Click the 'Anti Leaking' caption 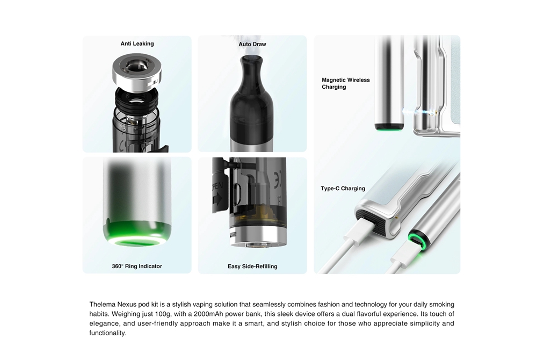[137, 44]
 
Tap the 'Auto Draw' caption [252, 44]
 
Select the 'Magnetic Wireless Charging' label [345, 83]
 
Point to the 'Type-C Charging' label [343, 189]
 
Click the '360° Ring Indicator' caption [137, 266]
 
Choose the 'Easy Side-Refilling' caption [252, 266]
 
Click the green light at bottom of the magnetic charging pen [389, 128]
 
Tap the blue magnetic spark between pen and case [422, 111]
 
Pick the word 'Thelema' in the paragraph [102, 304]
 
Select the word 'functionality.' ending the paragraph [108, 333]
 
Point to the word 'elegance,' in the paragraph [105, 323]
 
